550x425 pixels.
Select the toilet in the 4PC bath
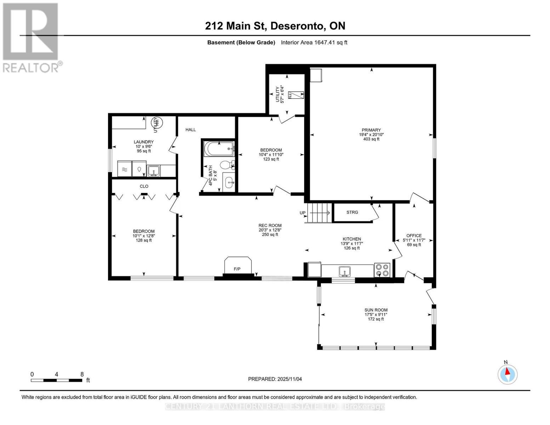226,165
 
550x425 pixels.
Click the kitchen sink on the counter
344,271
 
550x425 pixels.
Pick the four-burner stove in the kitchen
382,270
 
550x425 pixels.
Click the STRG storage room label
352,212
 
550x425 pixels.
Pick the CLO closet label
144,186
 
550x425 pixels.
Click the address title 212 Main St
275,26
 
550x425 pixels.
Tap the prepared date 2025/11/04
275,379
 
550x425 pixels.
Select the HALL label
191,130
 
